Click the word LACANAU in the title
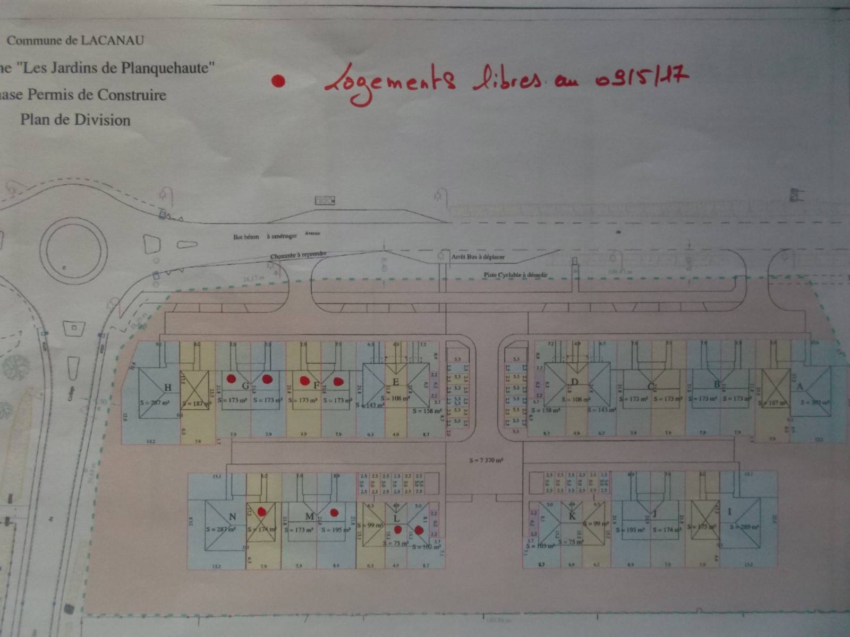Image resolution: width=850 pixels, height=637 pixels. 112,40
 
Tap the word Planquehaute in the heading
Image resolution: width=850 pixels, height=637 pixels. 167,68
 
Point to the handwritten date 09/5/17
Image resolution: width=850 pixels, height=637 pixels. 642,78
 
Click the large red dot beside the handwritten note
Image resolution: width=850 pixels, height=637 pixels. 278,81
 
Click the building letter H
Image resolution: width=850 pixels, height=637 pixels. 168,388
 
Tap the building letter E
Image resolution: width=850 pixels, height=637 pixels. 396,382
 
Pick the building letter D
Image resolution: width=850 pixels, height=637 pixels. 574,382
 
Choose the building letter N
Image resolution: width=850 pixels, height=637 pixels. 232,517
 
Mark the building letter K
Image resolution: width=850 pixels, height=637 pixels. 572,517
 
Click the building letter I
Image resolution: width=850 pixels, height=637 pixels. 729,512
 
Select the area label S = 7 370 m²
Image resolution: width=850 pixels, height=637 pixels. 486,461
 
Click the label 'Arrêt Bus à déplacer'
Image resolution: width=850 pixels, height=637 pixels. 478,257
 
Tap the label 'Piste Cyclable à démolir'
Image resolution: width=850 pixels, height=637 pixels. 515,275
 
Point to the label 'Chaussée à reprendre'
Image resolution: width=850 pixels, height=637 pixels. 298,255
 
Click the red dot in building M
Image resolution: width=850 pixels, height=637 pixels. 334,512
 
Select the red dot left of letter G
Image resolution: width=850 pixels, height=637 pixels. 232,378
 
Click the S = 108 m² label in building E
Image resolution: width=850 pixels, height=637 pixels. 396,398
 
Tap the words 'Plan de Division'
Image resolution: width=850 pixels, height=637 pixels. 75,120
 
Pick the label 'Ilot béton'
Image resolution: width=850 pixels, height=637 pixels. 246,237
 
